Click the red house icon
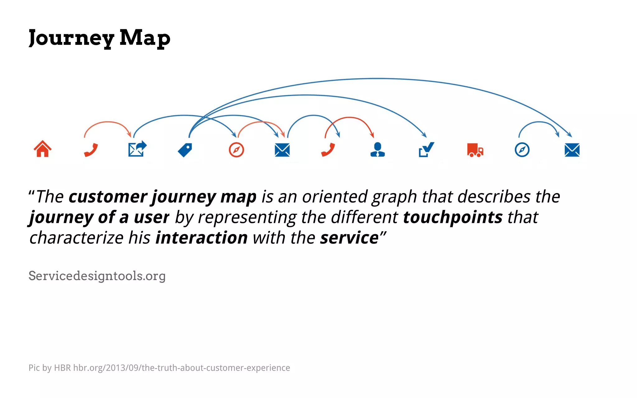43,149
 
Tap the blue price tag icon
185,150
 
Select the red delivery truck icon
475,150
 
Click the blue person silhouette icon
378,150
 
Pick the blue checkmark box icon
426,150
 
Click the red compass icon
236,150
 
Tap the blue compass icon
522,150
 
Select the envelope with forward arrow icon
137,149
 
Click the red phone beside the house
91,150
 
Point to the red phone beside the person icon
328,150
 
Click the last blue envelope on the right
572,150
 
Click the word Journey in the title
71,38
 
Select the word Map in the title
145,38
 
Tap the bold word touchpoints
453,217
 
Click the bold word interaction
202,238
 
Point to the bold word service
349,238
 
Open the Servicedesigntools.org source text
97,276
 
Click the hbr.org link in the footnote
181,368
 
